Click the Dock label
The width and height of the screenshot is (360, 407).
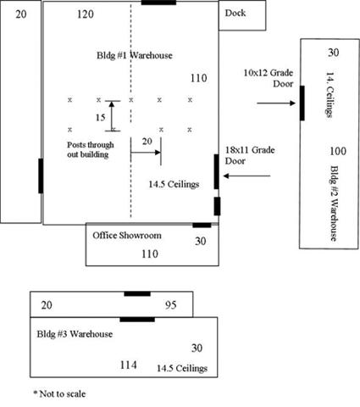click(235, 13)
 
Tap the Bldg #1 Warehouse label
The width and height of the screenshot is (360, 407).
click(135, 55)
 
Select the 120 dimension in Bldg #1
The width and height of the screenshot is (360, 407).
click(86, 14)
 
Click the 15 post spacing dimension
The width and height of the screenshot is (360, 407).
click(101, 117)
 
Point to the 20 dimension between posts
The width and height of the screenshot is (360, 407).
click(147, 141)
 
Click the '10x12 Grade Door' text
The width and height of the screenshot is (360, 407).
click(269, 78)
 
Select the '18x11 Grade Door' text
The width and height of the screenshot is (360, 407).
click(250, 155)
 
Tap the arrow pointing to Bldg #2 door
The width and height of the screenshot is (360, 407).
click(276, 103)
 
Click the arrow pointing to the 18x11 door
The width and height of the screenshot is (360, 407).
click(246, 176)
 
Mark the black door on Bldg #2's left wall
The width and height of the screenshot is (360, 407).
click(302, 103)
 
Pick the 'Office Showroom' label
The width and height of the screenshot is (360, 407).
click(127, 236)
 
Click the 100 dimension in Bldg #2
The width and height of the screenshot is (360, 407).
click(338, 151)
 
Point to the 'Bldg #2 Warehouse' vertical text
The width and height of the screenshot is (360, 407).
click(334, 203)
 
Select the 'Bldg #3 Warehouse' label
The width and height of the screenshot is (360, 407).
click(75, 334)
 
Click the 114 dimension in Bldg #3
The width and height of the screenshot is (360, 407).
click(129, 365)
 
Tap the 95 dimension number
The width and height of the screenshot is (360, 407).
click(171, 305)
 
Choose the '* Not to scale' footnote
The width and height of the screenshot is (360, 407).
click(59, 393)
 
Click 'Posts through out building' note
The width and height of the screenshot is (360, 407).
click(91, 150)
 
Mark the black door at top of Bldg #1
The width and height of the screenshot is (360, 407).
click(158, 3)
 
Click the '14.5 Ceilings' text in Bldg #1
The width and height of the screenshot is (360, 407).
click(174, 185)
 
